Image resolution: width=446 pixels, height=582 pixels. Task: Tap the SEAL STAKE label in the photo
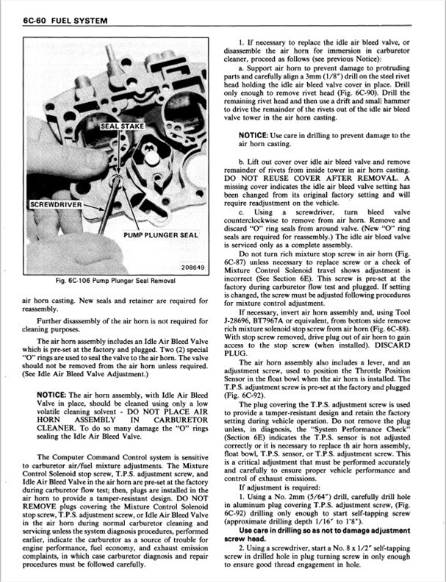(x=123, y=126)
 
